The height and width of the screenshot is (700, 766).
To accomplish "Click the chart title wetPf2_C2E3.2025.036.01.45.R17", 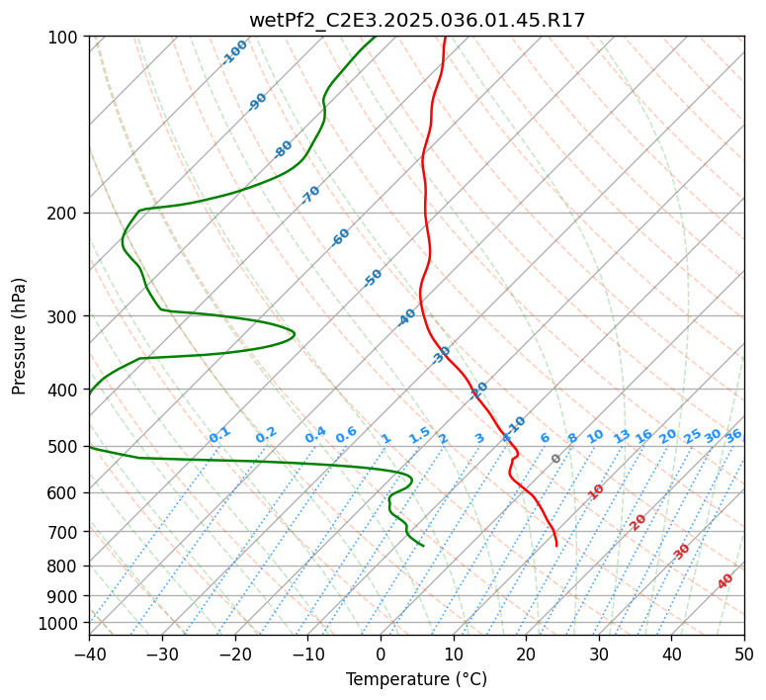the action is click(x=417, y=20).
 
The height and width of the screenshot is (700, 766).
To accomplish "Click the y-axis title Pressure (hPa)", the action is click(x=18, y=336).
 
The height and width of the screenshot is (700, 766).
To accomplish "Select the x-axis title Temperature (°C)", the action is click(x=417, y=679).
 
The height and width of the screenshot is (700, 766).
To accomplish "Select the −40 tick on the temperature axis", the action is click(x=89, y=654).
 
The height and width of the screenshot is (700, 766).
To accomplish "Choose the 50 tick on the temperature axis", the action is click(x=744, y=654).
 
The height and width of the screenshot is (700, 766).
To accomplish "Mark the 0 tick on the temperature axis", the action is click(x=381, y=654).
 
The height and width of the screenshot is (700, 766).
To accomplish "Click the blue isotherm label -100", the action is click(x=234, y=52).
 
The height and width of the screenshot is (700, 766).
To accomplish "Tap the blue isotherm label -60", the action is click(x=340, y=237).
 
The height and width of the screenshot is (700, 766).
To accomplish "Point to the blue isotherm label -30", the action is click(x=441, y=355).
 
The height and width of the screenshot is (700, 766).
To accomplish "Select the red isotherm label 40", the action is click(x=724, y=581).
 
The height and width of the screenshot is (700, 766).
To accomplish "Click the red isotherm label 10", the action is click(x=596, y=491).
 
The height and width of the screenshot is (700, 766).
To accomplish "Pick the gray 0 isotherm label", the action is click(x=555, y=459).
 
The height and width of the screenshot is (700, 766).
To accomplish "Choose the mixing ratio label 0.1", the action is click(x=219, y=435).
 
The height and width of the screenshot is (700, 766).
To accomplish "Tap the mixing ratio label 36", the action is click(x=733, y=436).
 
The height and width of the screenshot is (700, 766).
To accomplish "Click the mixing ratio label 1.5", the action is click(x=419, y=435).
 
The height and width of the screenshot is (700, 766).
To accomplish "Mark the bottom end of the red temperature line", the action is click(x=556, y=546).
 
